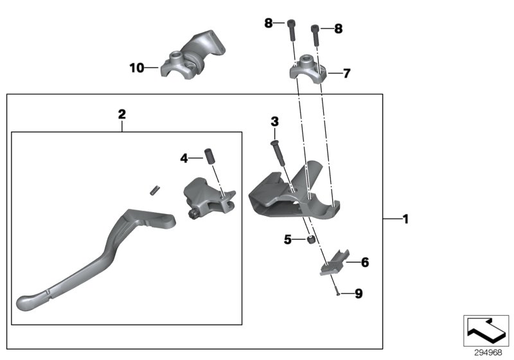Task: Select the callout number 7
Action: click(x=346, y=73)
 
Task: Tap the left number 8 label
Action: click(x=268, y=24)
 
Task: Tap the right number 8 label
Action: click(x=338, y=28)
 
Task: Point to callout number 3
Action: click(x=274, y=121)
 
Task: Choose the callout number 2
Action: click(x=122, y=114)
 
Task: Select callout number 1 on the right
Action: click(x=405, y=219)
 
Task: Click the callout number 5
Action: click(x=288, y=240)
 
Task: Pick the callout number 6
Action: click(x=365, y=262)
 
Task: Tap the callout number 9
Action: click(x=359, y=294)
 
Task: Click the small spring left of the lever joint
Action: click(x=154, y=190)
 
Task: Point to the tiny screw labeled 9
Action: click(x=336, y=293)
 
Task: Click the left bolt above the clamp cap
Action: click(x=292, y=28)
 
